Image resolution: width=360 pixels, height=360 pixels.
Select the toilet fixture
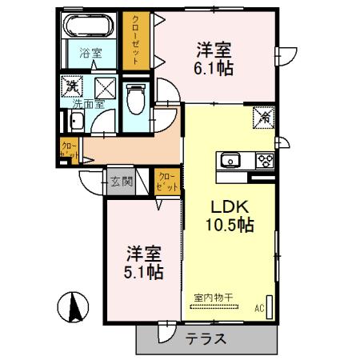(x=136, y=98)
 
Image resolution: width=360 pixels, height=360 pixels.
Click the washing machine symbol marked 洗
(x=72, y=86)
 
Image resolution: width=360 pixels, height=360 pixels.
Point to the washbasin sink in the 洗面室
(x=77, y=122)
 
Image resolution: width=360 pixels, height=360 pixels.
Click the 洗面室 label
(x=88, y=104)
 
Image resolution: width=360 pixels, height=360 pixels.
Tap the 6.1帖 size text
(x=214, y=69)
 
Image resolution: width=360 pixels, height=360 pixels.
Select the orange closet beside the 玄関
(x=167, y=182)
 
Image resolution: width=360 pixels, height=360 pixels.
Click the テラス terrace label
(x=205, y=338)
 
